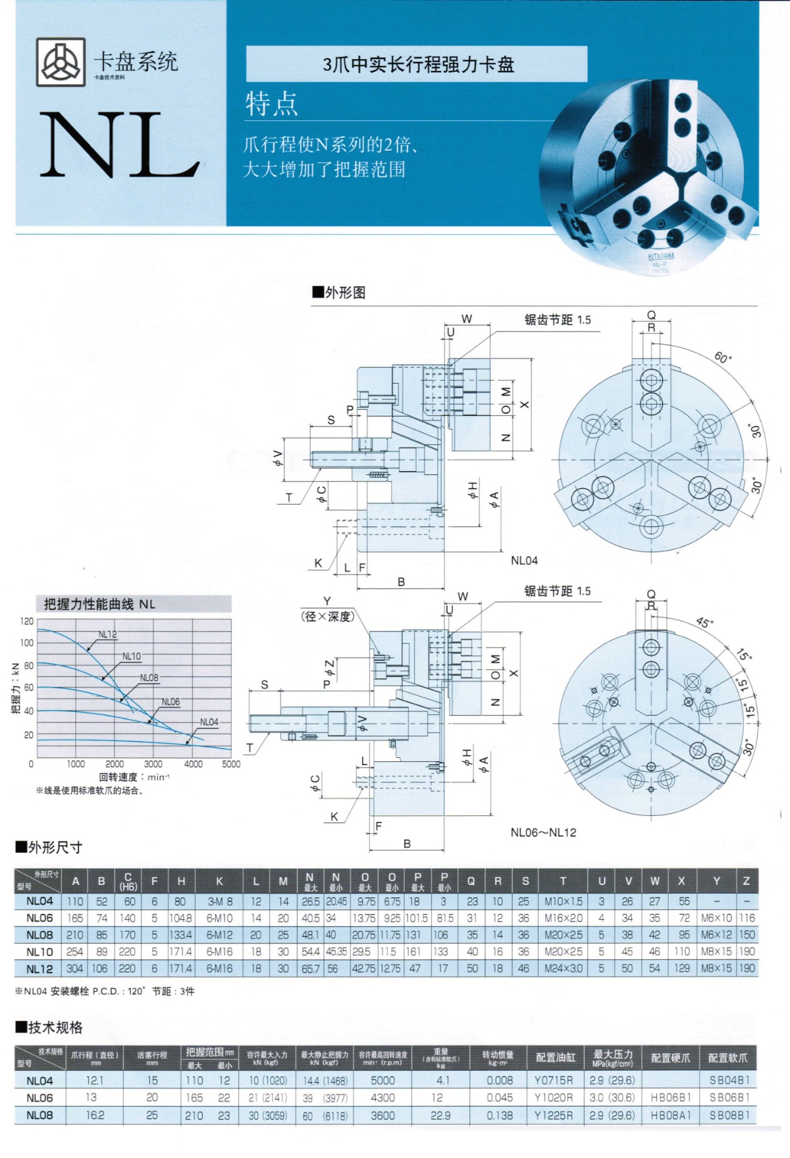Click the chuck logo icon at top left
point(60,62)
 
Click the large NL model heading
point(118,146)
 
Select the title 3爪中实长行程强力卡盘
point(417,64)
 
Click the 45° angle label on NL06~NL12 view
point(704,622)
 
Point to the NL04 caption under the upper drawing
point(524,561)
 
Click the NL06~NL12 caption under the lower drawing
point(543,832)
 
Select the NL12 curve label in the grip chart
point(107,634)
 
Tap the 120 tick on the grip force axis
point(26,621)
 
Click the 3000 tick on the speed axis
point(153,764)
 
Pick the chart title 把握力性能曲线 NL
point(99,604)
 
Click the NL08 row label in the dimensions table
point(39,935)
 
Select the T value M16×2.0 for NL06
point(563,918)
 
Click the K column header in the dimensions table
point(219,882)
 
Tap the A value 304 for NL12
point(75,969)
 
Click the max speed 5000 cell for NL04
point(382,1080)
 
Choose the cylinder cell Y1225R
point(554,1115)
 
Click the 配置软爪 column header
point(727,1058)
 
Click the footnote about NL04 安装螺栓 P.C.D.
point(105,991)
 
